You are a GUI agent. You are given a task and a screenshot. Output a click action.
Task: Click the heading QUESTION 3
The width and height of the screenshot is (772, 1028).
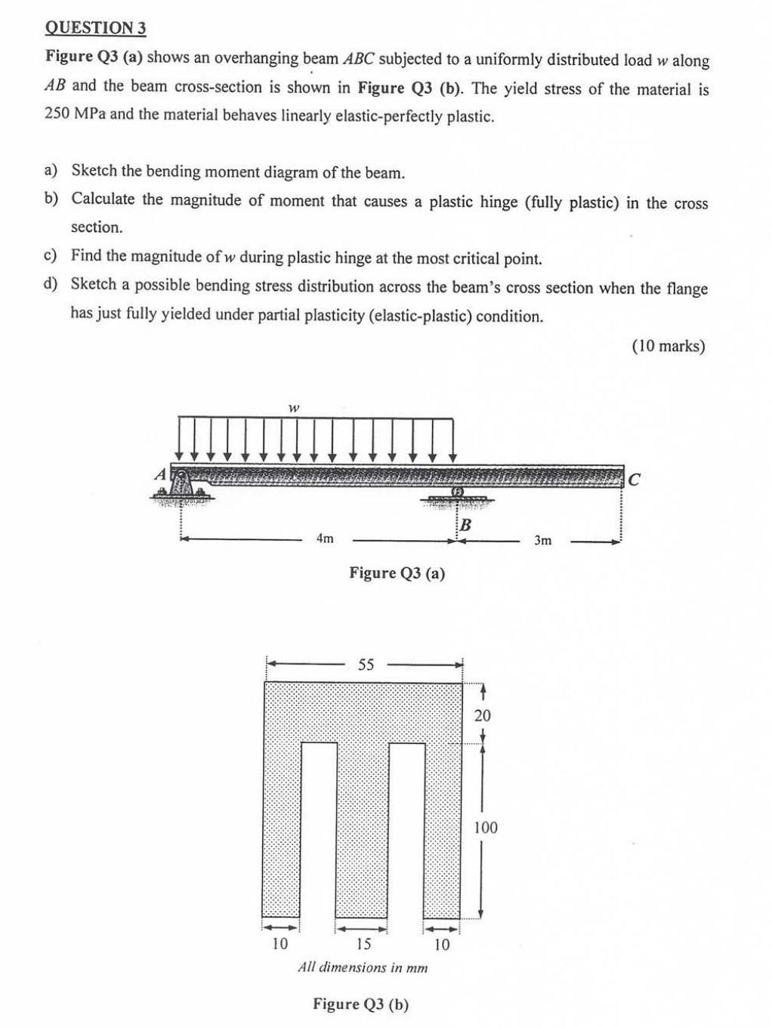click(95, 28)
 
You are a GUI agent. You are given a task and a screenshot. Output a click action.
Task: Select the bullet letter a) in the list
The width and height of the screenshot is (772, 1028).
click(51, 171)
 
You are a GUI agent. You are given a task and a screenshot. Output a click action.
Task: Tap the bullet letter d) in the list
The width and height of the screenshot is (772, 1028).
click(51, 285)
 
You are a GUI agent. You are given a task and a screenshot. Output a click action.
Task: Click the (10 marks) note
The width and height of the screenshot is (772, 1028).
click(668, 346)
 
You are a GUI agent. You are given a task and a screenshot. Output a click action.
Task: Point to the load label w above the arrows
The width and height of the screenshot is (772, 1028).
click(294, 408)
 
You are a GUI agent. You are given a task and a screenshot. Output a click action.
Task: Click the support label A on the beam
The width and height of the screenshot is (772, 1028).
click(160, 474)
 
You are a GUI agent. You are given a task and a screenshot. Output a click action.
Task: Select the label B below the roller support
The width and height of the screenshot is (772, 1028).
click(465, 524)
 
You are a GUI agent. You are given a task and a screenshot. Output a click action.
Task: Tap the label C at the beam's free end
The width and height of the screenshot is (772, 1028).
click(635, 479)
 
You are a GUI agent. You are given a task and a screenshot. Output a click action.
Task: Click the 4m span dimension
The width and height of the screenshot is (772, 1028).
click(325, 539)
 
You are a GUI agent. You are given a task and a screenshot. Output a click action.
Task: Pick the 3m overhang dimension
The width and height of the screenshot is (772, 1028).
click(543, 541)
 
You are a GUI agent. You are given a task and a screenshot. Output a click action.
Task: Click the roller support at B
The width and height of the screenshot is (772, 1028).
click(457, 495)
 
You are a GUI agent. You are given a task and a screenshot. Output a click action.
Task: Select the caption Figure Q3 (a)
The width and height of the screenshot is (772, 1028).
click(397, 573)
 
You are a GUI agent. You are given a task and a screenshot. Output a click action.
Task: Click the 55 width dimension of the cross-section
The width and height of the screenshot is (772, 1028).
click(366, 665)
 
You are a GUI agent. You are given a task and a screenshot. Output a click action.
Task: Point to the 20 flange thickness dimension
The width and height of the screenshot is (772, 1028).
click(482, 715)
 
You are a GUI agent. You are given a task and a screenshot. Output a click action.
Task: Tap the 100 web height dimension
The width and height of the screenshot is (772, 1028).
click(485, 828)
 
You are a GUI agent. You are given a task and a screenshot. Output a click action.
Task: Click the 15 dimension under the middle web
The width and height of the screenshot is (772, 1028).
click(363, 944)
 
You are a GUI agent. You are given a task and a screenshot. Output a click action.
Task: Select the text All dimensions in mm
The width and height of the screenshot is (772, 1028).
click(363, 968)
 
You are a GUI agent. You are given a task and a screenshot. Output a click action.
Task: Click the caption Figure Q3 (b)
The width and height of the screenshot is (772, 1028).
click(361, 1004)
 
